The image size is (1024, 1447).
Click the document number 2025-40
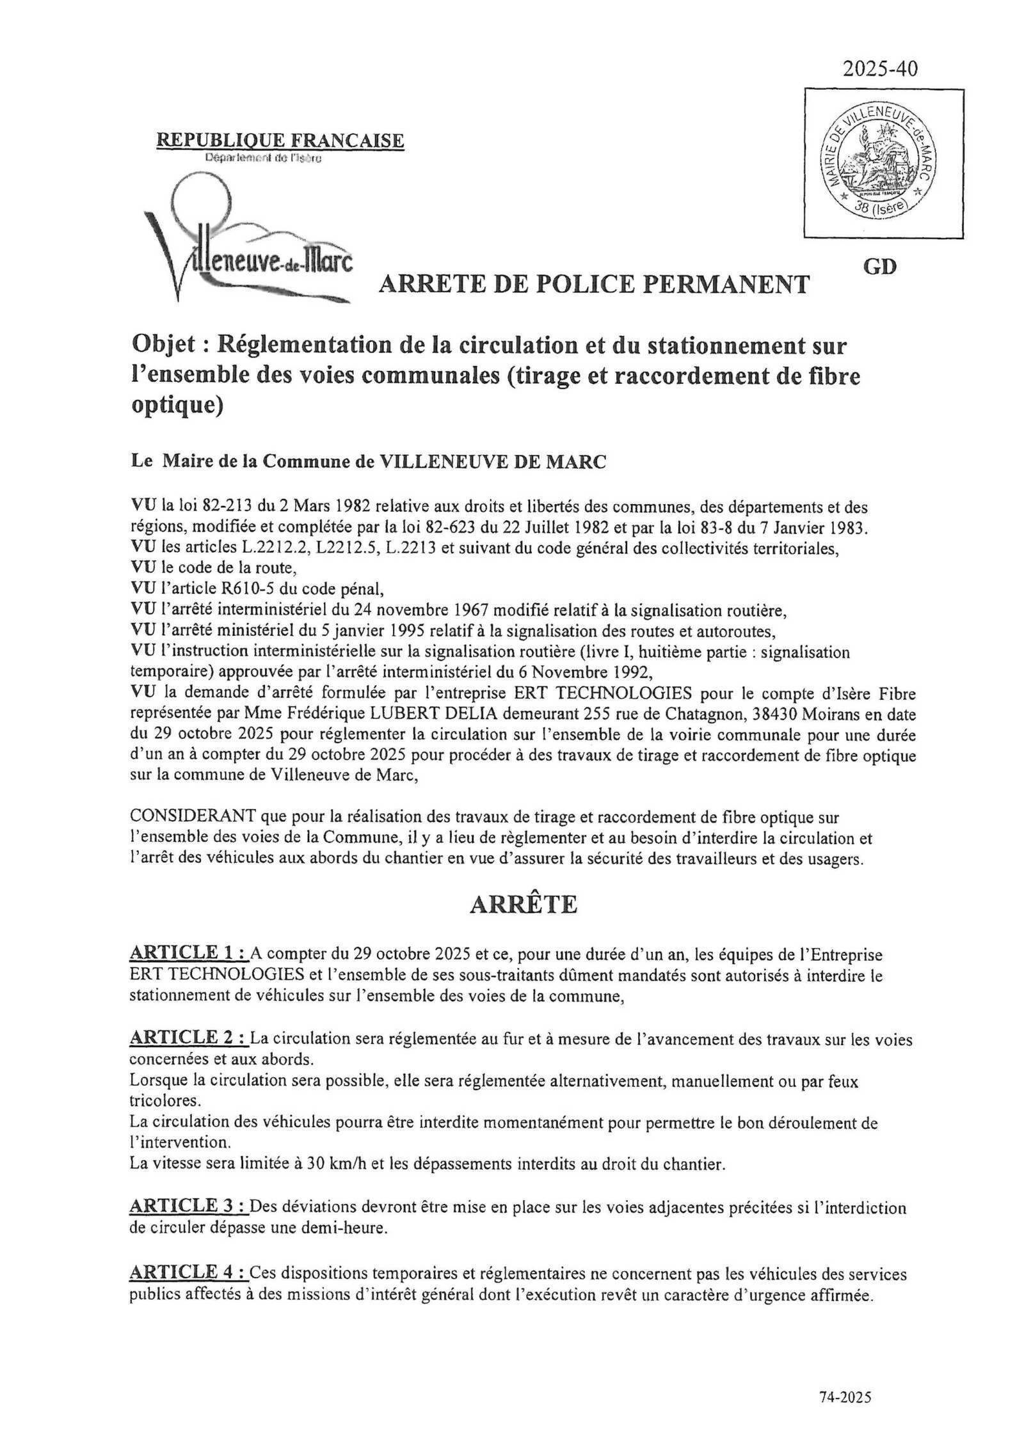(x=879, y=68)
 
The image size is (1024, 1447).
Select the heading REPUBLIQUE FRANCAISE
(x=280, y=140)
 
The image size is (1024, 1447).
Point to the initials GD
(x=880, y=267)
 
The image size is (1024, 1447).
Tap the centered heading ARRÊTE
(x=524, y=904)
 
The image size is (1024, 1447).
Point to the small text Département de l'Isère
(x=264, y=159)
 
